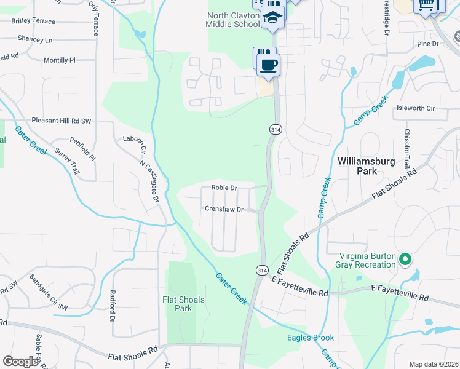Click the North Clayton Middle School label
[x=233, y=20]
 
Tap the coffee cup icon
[x=268, y=64]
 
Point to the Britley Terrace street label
[x=33, y=21]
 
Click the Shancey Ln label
[x=35, y=39]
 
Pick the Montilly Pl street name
[x=59, y=60]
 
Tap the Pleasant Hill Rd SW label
[x=61, y=121]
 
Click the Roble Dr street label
[x=224, y=188]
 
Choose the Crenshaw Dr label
[x=224, y=209]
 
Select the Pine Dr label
[x=427, y=44]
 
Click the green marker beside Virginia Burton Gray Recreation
[x=405, y=260]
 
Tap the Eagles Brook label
[x=310, y=338]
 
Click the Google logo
[x=21, y=361]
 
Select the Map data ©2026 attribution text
[x=433, y=364]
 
